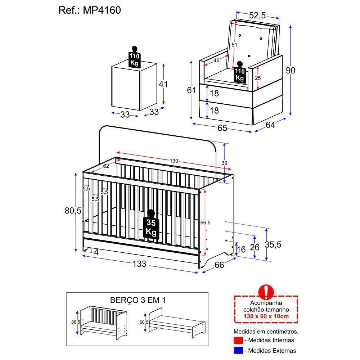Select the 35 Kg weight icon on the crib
point(151,225)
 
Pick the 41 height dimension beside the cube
point(163,84)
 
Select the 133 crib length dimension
point(139,264)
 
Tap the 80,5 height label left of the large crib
point(73,211)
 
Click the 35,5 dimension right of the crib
point(273,244)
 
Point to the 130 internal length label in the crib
point(174,161)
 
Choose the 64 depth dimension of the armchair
point(270,125)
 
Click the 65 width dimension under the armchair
point(222,128)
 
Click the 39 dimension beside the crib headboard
point(224,163)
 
